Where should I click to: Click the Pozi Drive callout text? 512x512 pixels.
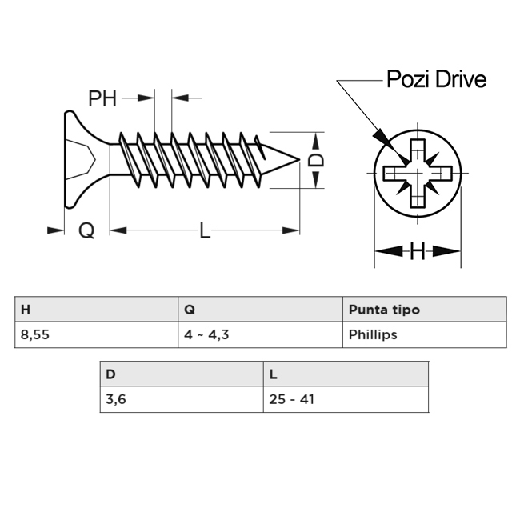coord(436,79)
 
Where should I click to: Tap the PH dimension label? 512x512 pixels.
coord(102,98)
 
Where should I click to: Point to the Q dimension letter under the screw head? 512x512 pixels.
coord(86,230)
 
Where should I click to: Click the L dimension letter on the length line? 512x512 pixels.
coord(205,230)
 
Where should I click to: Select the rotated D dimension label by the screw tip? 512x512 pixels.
coord(316,160)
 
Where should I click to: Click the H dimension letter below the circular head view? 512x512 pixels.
coord(418,251)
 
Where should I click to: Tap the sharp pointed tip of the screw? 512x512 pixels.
coord(299,160)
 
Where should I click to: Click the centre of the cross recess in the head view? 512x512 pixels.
coord(418,173)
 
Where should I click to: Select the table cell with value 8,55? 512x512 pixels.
coord(96,334)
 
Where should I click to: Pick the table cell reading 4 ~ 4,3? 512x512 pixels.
coord(260,334)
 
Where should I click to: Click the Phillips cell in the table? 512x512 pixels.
coord(425,334)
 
